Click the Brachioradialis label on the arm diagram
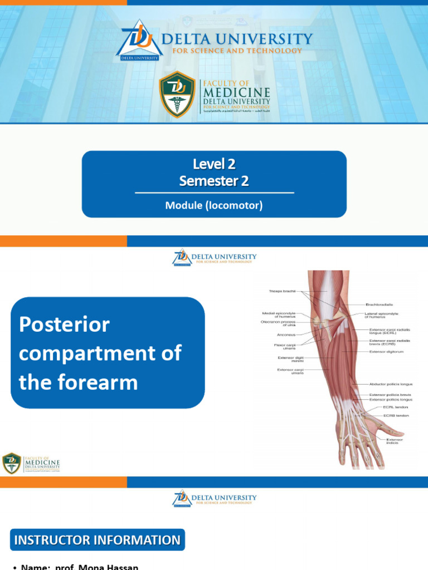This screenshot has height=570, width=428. point(380,304)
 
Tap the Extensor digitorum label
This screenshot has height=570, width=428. point(386,352)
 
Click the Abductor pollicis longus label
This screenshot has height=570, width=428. point(391,384)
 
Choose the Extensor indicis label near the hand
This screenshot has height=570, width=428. point(395,441)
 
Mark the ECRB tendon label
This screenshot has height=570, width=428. point(396,415)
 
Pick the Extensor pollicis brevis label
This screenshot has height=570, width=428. point(390,395)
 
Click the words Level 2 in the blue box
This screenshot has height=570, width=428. point(214,164)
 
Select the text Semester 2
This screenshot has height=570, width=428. point(214,181)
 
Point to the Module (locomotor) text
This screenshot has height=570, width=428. point(214,205)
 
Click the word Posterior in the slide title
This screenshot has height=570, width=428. point(64,325)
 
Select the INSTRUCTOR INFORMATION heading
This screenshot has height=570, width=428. point(98,540)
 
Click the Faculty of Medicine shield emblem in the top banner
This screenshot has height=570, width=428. point(177,94)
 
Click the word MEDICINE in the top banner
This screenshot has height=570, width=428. point(236,92)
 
